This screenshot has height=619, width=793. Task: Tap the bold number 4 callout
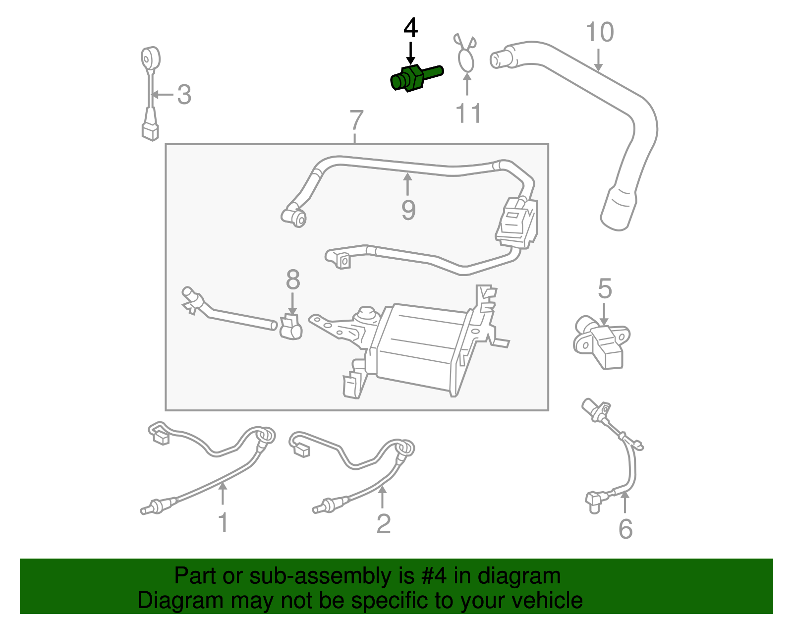click(410, 29)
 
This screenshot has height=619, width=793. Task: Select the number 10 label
click(600, 33)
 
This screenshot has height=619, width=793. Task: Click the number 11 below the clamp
click(468, 113)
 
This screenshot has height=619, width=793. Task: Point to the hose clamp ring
click(466, 61)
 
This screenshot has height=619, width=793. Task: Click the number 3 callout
click(184, 95)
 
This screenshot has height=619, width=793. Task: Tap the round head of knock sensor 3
click(150, 59)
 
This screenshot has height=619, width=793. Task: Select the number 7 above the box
click(356, 120)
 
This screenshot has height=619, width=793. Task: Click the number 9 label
click(408, 210)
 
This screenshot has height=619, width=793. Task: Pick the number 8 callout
click(293, 280)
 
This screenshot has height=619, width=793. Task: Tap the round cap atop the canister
click(366, 313)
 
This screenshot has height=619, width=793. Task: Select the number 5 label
click(605, 289)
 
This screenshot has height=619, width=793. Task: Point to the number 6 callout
click(625, 529)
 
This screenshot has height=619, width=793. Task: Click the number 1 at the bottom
click(223, 523)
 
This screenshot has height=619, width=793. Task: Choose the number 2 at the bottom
click(383, 524)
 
